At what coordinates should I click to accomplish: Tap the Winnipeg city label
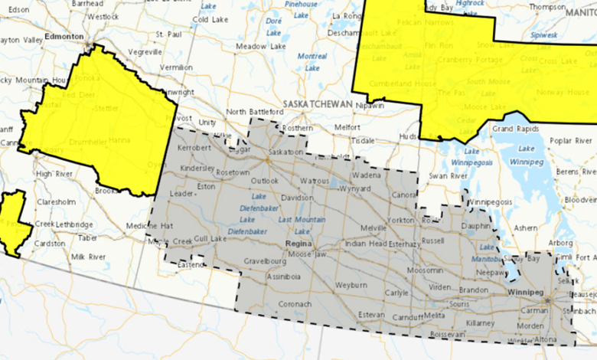(526, 293)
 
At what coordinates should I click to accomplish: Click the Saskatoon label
(285, 152)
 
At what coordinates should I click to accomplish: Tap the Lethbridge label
(73, 224)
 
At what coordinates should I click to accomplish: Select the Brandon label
(475, 290)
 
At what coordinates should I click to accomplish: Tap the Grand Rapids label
(513, 129)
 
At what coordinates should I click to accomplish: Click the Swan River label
(447, 176)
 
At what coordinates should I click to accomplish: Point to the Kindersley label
(197, 166)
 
